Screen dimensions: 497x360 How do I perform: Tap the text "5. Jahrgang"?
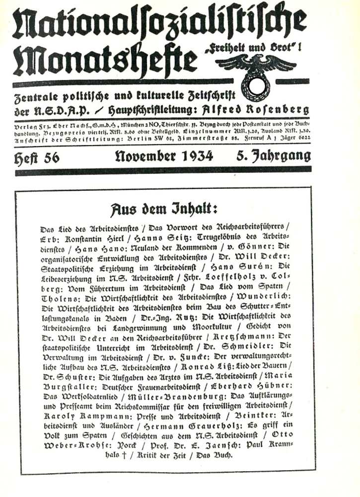(x=274, y=157)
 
